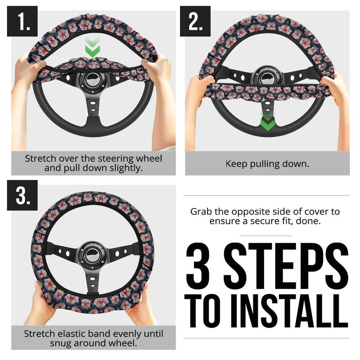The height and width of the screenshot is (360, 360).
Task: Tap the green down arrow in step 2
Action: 267,121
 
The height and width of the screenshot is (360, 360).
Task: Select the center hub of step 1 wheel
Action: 93,81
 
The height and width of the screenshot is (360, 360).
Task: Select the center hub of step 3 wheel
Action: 93,254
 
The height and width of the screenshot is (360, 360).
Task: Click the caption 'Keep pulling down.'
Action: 267,163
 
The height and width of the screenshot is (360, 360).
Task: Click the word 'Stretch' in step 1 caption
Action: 41,158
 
